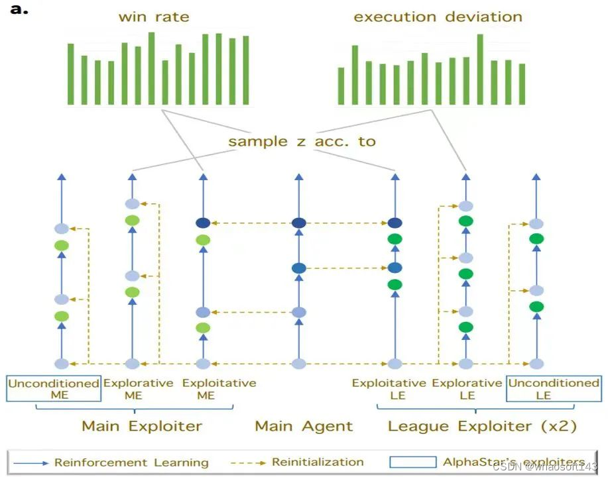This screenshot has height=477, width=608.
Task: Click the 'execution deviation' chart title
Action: coord(438,17)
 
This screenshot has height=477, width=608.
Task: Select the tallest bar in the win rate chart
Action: coord(151,68)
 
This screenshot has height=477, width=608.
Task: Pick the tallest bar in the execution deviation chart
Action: coord(480,69)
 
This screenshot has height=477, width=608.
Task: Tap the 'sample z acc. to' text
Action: coord(302,141)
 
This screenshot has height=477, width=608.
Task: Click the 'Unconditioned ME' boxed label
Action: coord(54,389)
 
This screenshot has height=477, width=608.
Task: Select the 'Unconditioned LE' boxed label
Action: coord(553,389)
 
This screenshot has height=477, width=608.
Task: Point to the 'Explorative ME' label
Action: coord(139,389)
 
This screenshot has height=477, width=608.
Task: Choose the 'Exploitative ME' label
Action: coord(219,389)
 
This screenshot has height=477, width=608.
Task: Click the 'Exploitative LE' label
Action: coord(389,389)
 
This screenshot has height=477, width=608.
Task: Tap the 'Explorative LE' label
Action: coord(467,389)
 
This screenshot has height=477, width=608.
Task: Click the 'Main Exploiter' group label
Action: coord(142,426)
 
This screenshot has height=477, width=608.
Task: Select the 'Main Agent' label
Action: coord(304,426)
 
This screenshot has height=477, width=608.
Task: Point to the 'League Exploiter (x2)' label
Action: coord(482,426)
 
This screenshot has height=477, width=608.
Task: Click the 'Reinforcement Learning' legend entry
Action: coord(131,462)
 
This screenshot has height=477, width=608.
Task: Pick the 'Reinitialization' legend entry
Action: coord(318,462)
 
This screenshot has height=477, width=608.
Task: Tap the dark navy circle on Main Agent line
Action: coord(298,223)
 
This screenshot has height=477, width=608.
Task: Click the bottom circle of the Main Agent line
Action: coord(298,364)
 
